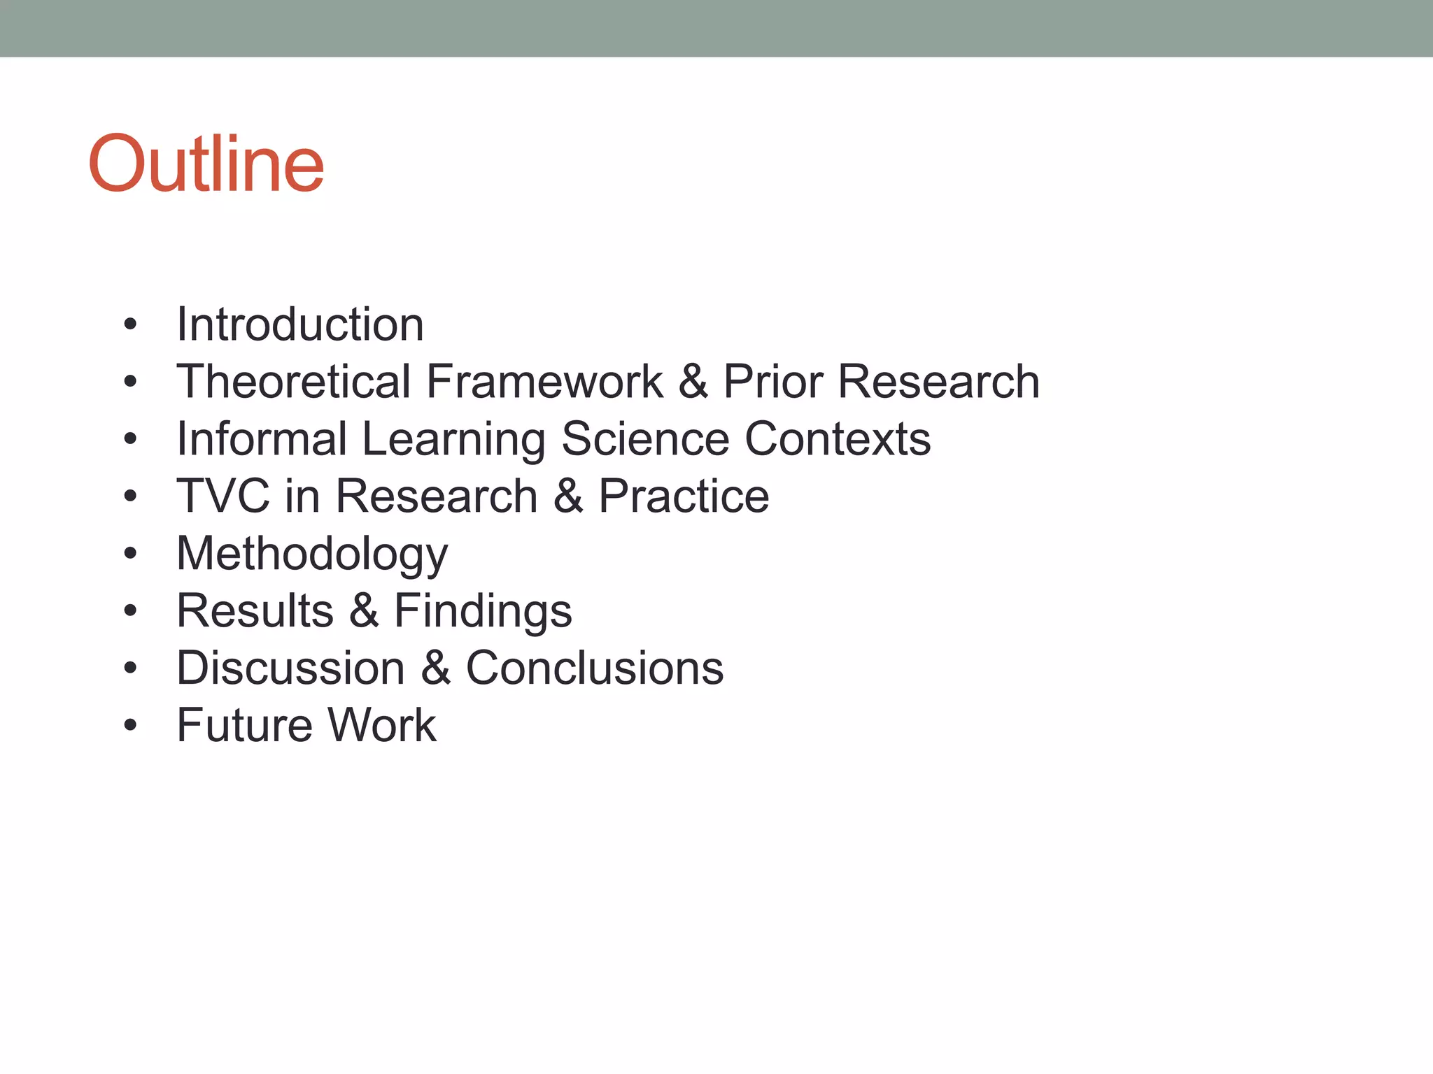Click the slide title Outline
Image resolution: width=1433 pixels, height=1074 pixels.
[206, 165]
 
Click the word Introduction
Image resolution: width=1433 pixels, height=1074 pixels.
[300, 325]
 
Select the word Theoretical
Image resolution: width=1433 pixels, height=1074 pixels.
[293, 382]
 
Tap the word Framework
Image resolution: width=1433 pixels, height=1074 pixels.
[544, 382]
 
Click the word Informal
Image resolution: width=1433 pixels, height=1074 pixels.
[262, 439]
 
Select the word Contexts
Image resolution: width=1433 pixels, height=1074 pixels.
[838, 439]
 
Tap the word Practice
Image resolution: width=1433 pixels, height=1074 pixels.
[684, 496]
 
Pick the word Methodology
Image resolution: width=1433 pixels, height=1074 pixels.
[312, 554]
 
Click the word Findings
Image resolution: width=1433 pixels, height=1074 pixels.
[483, 611]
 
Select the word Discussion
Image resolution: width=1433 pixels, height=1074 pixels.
[290, 668]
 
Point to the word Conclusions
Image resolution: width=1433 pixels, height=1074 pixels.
[595, 668]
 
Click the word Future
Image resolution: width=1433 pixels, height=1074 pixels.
[243, 726]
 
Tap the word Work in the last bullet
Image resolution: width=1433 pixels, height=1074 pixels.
[382, 726]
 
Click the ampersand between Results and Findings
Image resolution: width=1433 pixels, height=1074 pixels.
[364, 611]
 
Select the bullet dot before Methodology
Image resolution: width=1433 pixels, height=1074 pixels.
[130, 554]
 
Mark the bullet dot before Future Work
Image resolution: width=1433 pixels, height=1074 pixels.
[130, 726]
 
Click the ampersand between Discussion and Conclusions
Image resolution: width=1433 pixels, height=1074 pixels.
[435, 668]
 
